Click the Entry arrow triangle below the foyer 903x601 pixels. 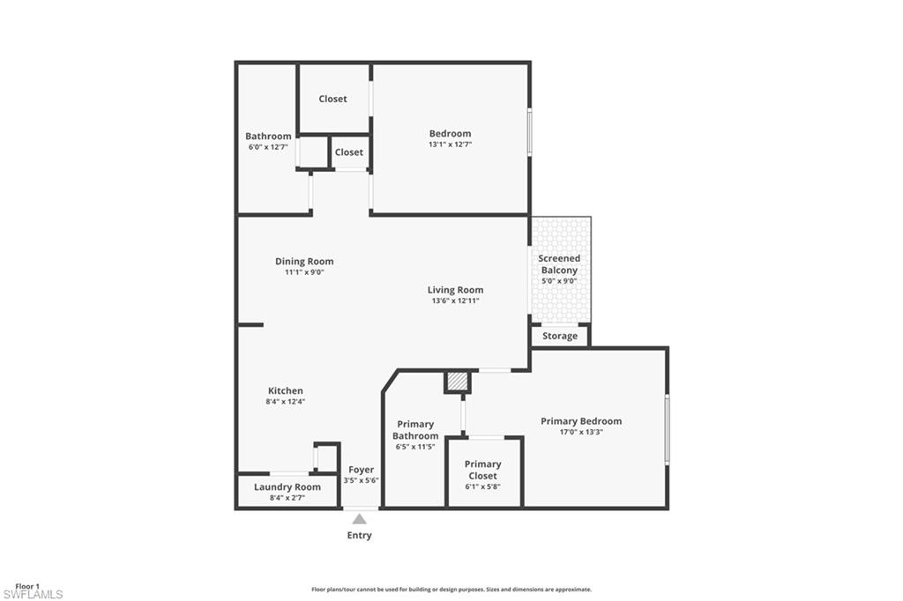pyautogui.click(x=359, y=519)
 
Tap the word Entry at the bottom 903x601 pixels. pyautogui.click(x=359, y=535)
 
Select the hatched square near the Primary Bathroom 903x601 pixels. pyautogui.click(x=457, y=382)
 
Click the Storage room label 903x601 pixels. pyautogui.click(x=560, y=336)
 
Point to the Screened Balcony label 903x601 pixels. pyautogui.click(x=559, y=264)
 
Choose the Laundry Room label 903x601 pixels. pyautogui.click(x=287, y=486)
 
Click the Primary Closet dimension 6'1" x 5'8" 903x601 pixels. pyautogui.click(x=482, y=487)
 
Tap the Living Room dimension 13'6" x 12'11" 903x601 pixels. pyautogui.click(x=455, y=301)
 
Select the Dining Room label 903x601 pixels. pyautogui.click(x=304, y=261)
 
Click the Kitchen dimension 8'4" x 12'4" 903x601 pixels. pyautogui.click(x=286, y=402)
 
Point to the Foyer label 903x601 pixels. pyautogui.click(x=361, y=470)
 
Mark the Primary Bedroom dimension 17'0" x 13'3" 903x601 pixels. pyautogui.click(x=581, y=432)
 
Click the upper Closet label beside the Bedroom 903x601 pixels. pyautogui.click(x=332, y=99)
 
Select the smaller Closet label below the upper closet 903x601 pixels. pyautogui.click(x=348, y=152)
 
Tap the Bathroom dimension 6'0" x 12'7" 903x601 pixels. pyautogui.click(x=268, y=147)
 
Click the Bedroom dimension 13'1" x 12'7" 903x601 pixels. pyautogui.click(x=450, y=145)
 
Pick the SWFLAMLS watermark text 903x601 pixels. pyautogui.click(x=33, y=595)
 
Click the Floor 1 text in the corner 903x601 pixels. pyautogui.click(x=27, y=586)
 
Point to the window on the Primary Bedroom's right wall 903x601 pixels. pyautogui.click(x=667, y=429)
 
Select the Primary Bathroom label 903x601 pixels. pyautogui.click(x=414, y=430)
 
